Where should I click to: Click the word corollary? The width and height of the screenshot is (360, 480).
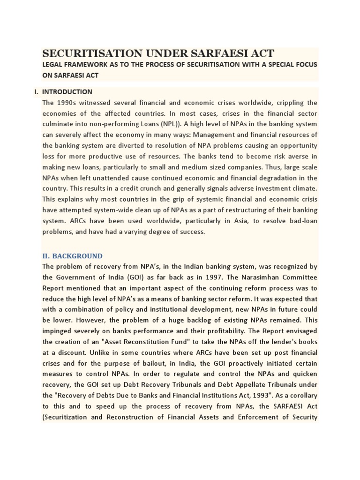(x=301, y=396)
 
